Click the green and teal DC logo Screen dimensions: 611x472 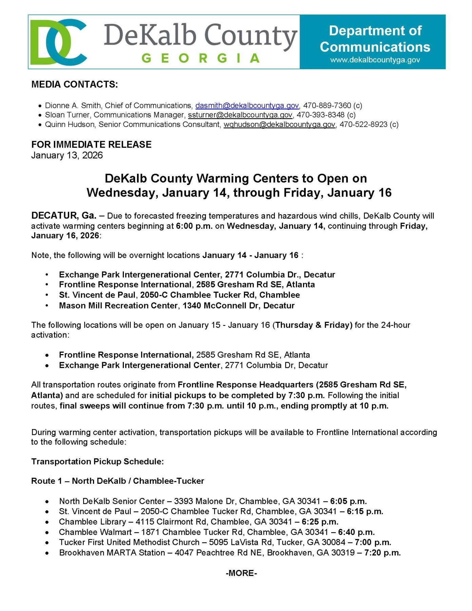point(58,42)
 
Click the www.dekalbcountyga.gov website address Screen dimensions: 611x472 point(375,60)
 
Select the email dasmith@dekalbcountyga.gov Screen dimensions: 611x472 point(247,106)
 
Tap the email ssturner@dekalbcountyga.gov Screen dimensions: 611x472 point(240,115)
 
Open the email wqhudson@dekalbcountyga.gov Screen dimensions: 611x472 point(279,125)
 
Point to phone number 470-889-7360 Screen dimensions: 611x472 point(327,106)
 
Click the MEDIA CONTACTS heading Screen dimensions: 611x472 point(75,85)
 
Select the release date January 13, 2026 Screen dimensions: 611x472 point(67,155)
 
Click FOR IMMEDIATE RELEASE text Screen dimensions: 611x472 point(91,145)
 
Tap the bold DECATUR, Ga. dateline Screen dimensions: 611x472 point(64,216)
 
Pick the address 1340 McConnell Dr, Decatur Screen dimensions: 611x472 point(238,305)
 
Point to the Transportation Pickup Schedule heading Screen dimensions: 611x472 point(97,462)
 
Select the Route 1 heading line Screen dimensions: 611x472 point(117,481)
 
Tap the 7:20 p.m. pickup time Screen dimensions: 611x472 point(382,553)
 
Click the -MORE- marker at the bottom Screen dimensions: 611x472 point(241,573)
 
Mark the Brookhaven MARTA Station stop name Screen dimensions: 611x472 point(112,553)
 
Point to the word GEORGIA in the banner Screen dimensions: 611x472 point(201,58)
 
